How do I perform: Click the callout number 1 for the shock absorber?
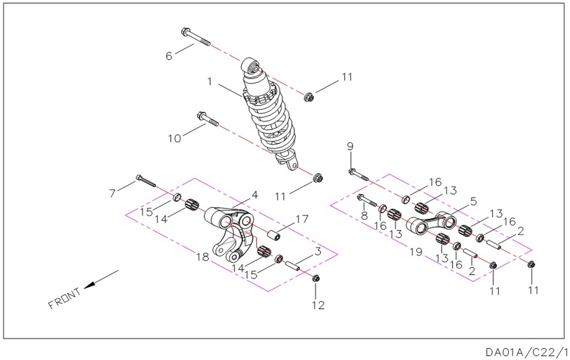(210, 82)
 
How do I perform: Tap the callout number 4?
(255, 195)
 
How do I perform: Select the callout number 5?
(473, 201)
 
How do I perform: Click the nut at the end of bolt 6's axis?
(310, 97)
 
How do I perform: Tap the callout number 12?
(318, 305)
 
